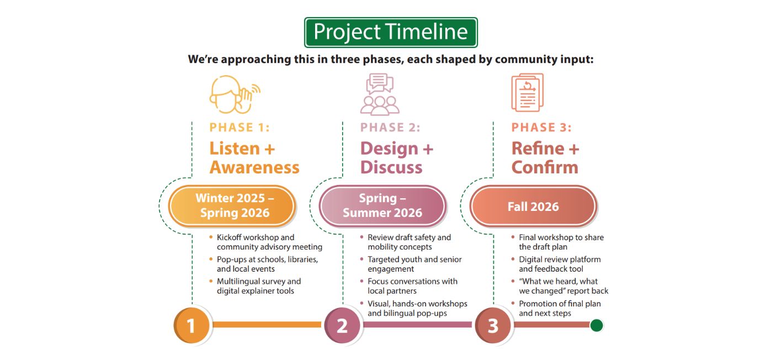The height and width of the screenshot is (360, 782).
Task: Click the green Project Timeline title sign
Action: (391, 33)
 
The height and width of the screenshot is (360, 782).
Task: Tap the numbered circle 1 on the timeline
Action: (191, 325)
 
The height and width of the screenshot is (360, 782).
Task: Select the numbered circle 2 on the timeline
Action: (342, 325)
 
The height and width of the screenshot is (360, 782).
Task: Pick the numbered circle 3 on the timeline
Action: (493, 325)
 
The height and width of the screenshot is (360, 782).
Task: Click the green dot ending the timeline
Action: (596, 325)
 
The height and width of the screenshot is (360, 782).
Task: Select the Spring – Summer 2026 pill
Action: (382, 205)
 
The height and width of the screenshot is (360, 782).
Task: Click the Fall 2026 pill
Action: (533, 207)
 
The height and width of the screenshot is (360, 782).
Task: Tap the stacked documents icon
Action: (527, 92)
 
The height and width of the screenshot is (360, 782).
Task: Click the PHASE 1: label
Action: (240, 128)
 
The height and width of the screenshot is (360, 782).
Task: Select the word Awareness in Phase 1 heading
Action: (254, 167)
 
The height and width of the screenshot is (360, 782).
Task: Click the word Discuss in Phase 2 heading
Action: (391, 167)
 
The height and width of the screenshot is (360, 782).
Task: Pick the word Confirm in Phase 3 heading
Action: (545, 167)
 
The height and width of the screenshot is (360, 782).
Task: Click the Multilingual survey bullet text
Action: (258, 286)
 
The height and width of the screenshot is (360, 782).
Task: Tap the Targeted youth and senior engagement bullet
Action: (414, 264)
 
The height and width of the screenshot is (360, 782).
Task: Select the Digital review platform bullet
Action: (559, 264)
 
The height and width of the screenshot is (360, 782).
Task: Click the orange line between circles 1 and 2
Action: (267, 325)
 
